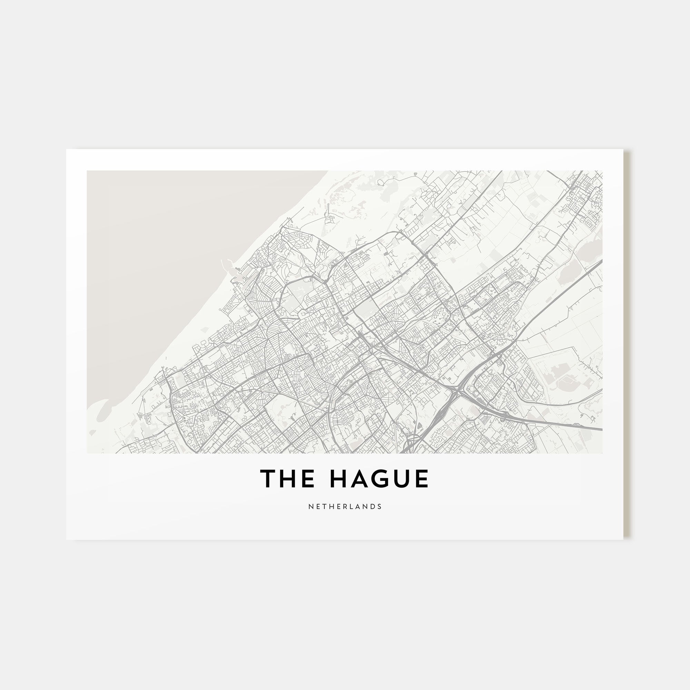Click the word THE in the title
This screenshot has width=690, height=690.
(x=287, y=479)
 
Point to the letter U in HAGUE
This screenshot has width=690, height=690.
(x=401, y=479)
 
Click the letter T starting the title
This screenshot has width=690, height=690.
(x=267, y=479)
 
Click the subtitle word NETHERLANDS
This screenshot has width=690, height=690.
(x=345, y=506)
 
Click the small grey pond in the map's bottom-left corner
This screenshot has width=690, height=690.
(x=92, y=433)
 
